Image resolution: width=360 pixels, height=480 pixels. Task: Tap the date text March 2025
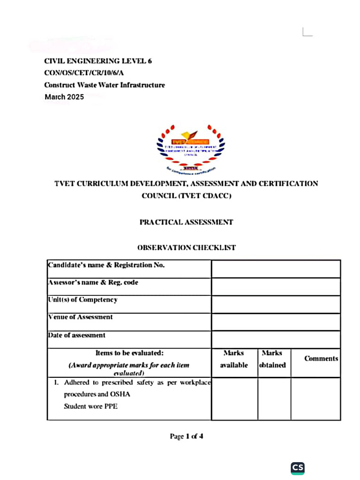(64, 97)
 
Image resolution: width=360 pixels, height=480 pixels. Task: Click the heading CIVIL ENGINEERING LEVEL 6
(97, 61)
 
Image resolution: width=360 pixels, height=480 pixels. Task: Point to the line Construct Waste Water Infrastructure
(104, 85)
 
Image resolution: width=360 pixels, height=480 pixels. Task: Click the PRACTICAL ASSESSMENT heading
(186, 222)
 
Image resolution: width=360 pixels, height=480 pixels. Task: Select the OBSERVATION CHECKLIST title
(186, 247)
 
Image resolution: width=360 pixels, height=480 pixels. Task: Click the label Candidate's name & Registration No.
(106, 265)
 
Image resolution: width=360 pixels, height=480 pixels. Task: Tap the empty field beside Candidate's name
(276, 269)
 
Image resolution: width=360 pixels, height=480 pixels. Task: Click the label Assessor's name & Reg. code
(93, 283)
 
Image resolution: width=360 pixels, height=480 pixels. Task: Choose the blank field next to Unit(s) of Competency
(276, 304)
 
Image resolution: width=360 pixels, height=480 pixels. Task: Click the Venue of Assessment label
(80, 317)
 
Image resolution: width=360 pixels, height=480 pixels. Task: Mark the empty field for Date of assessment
(276, 339)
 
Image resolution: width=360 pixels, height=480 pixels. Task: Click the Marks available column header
(234, 359)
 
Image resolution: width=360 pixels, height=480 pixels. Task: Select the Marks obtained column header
(273, 359)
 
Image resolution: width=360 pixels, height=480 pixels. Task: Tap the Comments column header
(321, 359)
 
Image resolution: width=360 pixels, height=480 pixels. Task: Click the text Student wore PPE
(90, 406)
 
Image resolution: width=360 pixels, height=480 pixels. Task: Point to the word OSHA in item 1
(120, 394)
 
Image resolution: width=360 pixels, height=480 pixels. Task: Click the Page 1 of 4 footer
(186, 436)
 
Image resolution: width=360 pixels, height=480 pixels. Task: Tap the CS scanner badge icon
(298, 467)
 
